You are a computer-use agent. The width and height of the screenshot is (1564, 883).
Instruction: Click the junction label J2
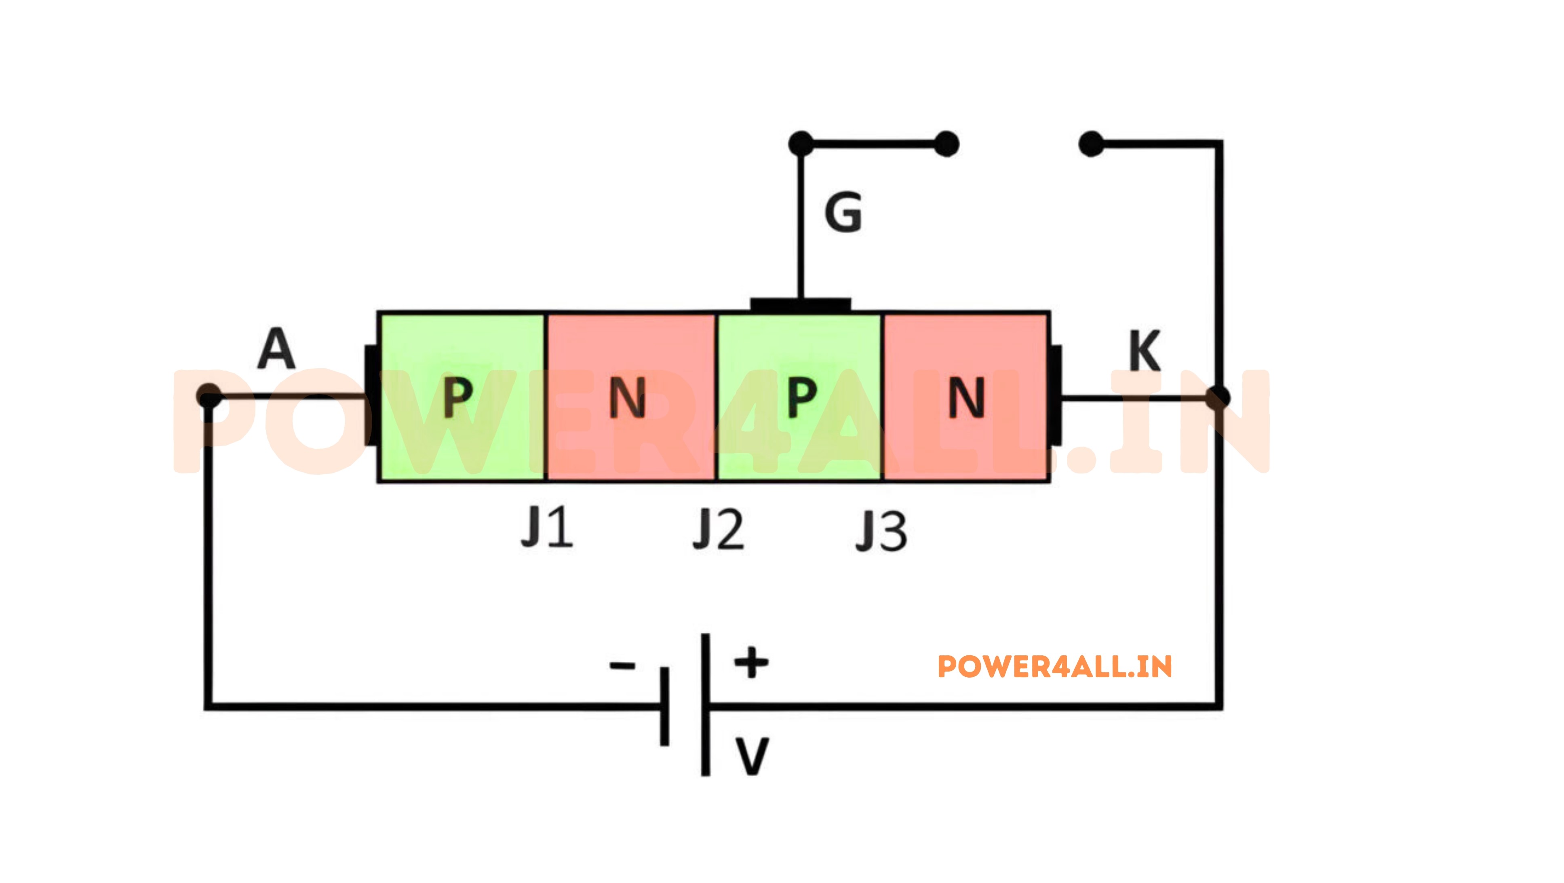coord(718,530)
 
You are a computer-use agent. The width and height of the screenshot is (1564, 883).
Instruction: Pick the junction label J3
coord(881,531)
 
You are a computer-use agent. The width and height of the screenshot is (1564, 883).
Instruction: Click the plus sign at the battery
coord(752,661)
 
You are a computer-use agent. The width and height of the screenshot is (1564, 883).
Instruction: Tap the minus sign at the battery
coord(622,666)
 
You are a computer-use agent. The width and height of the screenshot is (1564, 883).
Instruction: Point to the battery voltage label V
coord(752,756)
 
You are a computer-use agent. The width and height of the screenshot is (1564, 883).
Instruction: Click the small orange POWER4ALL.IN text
coord(1055,667)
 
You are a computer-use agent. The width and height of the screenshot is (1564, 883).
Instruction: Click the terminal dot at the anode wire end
coord(209,396)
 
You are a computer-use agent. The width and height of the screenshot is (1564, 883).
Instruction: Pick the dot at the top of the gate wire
coord(801,144)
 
